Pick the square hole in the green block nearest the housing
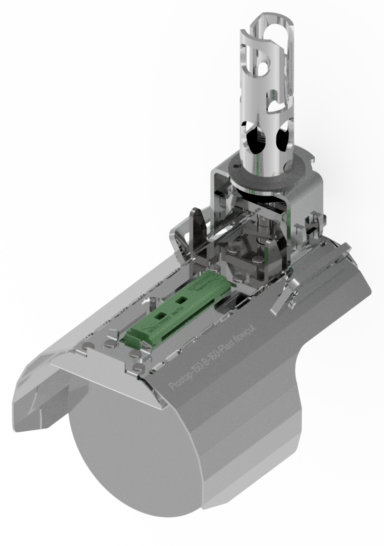181,300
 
